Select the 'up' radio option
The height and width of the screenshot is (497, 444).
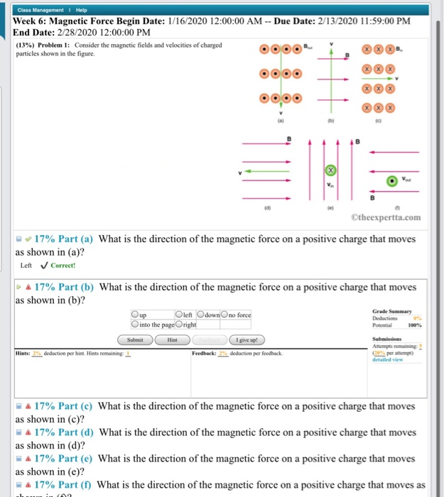click(136, 315)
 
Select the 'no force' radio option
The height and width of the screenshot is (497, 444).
click(225, 315)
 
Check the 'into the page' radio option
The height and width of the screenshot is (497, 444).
click(136, 324)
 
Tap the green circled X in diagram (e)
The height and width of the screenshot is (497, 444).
click(330, 171)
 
